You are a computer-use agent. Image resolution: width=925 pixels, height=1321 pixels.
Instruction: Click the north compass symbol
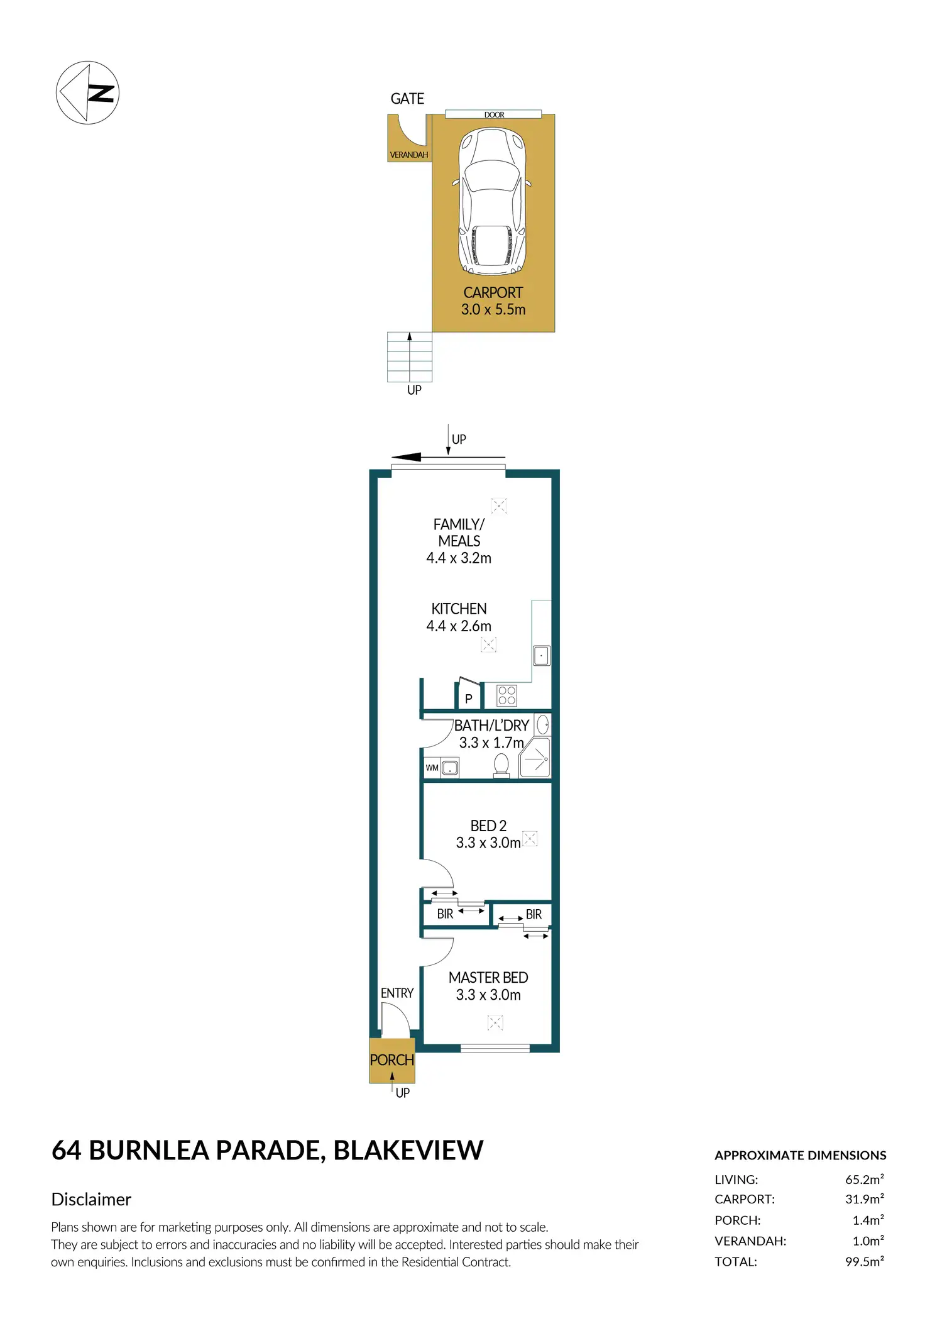(87, 92)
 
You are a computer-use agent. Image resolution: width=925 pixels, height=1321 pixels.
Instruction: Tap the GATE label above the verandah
(407, 99)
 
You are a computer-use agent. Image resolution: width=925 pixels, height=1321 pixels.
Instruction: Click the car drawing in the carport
(492, 201)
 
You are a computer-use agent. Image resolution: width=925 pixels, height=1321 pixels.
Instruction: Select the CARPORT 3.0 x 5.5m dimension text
(493, 301)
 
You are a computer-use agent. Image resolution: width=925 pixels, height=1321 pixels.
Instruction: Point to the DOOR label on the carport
(494, 115)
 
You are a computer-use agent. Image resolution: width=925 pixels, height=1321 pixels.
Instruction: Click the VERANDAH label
(409, 155)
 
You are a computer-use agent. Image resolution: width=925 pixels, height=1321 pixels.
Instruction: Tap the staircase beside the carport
(410, 357)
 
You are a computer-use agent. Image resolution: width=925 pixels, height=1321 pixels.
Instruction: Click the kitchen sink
(541, 655)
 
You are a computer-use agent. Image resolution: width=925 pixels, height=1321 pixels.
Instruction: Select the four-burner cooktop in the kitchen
(506, 695)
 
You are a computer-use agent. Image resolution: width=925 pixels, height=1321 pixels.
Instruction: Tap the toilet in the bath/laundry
(501, 766)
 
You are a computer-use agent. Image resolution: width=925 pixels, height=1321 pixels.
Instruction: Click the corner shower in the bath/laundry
(535, 758)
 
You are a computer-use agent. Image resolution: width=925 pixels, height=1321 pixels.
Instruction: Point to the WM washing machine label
(432, 768)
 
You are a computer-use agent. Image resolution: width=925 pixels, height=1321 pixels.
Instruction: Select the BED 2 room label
(488, 826)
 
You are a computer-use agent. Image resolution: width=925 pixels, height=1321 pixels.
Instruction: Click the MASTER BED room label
(488, 978)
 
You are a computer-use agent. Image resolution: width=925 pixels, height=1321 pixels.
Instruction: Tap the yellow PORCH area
(391, 1059)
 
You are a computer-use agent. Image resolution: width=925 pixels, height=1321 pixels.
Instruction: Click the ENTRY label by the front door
(397, 993)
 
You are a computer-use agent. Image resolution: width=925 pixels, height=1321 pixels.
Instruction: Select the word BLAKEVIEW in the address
(408, 1150)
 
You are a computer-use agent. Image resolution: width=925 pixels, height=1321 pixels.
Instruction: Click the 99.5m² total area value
(865, 1261)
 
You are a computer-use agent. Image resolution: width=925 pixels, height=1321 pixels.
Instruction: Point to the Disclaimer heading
(91, 1199)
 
